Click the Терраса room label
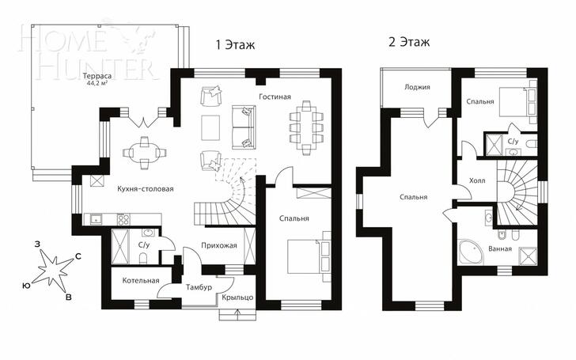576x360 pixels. point(97,77)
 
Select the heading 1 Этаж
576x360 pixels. point(235,45)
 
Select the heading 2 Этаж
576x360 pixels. point(409,42)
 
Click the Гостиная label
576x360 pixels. point(275,97)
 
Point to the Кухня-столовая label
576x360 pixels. point(146,189)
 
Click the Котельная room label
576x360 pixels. point(141,281)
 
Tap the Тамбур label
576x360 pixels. point(199,287)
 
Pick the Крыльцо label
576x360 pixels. point(237,297)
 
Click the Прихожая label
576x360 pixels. point(219,245)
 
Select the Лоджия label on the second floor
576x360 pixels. point(417,87)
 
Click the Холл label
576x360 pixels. point(477,180)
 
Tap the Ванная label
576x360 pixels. point(500,248)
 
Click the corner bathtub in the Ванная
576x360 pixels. point(470,252)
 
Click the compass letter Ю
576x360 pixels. point(26,286)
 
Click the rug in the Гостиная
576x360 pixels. point(210,127)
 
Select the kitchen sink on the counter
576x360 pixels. point(97,220)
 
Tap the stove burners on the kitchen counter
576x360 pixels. point(123,220)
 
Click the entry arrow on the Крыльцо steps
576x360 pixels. point(238,314)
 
